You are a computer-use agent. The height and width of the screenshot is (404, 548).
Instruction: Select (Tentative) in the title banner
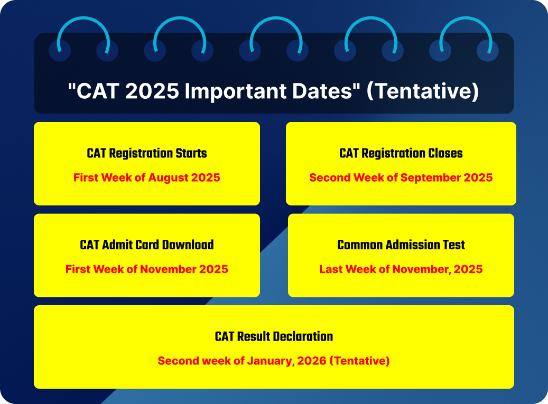[x=422, y=91]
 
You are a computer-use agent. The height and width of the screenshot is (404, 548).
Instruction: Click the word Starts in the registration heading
[x=190, y=154]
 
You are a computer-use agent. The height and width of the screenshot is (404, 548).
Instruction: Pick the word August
[x=168, y=177]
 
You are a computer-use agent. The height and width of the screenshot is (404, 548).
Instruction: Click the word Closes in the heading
[x=445, y=154]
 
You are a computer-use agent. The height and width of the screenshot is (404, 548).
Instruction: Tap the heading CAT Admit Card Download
[x=147, y=245]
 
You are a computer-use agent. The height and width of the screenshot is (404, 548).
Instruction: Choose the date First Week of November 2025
[x=147, y=269]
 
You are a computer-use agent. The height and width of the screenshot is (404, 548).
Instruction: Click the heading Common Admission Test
[x=401, y=245]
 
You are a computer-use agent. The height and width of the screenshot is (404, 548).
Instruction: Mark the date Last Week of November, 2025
[x=401, y=269]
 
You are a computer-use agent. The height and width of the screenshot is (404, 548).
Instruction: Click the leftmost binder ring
[x=83, y=37]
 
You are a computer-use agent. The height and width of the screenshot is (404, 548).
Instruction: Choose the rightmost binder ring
[x=466, y=37]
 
